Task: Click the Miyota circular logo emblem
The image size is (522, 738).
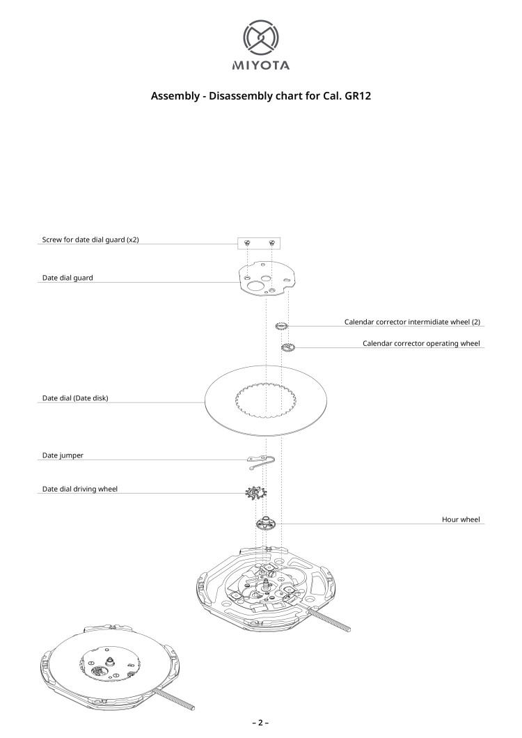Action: pos(261,38)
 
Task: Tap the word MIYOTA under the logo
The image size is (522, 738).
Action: pos(261,65)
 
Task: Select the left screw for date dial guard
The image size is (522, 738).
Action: pos(247,243)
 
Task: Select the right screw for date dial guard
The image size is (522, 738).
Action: pos(271,243)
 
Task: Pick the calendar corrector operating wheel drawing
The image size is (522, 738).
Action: pos(288,348)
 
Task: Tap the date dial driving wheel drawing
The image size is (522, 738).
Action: pos(256,493)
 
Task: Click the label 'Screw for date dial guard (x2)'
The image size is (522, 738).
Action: pos(90,240)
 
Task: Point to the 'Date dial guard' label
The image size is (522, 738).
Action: pos(68,278)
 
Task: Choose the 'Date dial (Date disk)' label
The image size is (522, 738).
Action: pos(75,398)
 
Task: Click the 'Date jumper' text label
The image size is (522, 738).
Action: pos(63,455)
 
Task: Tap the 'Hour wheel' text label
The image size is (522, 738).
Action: pos(461,519)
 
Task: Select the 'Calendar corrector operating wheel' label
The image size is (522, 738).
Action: pos(421,343)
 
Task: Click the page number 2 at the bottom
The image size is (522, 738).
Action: pos(260,723)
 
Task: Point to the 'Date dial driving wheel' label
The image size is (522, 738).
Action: pos(80,489)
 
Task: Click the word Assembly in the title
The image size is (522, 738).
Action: pos(175,96)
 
